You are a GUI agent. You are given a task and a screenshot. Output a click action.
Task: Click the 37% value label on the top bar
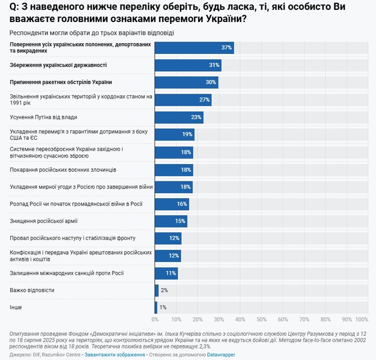click(227, 48)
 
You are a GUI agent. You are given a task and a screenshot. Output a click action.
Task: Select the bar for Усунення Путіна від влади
click(179, 117)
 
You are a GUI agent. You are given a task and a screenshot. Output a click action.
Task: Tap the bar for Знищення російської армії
click(171, 221)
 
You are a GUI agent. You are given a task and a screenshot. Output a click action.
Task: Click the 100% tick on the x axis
click(362, 320)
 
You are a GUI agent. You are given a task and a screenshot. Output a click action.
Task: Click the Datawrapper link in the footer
click(221, 355)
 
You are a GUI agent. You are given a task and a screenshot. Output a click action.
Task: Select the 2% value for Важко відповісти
click(164, 290)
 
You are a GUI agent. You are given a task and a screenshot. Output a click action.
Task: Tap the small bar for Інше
click(156, 307)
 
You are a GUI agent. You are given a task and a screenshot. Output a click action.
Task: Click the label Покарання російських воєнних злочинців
click(63, 169)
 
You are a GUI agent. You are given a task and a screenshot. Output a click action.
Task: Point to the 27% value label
click(204, 100)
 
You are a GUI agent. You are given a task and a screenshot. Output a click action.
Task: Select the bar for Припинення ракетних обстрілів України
click(187, 82)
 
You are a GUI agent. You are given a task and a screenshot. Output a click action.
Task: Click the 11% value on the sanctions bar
click(170, 273)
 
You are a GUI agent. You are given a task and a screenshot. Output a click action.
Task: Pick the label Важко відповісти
click(32, 290)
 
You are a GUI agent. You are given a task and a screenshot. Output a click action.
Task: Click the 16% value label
click(181, 204)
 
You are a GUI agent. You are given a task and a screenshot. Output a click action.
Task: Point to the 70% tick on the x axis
click(304, 320)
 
